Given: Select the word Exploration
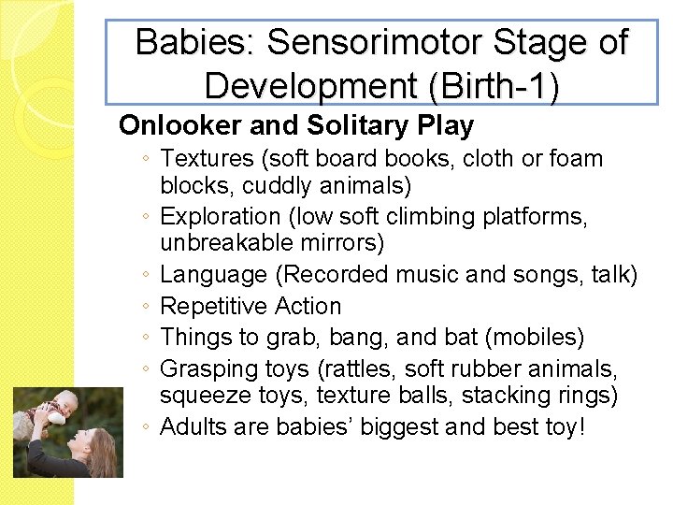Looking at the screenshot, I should point(221,216).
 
